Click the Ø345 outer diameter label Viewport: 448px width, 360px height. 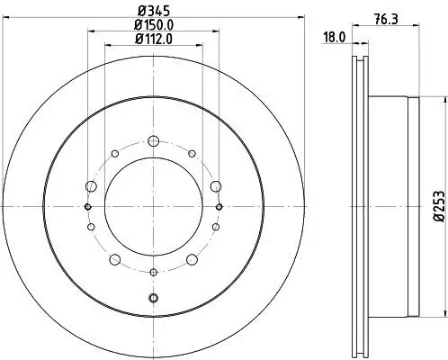click(x=152, y=12)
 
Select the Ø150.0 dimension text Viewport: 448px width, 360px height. click(x=153, y=25)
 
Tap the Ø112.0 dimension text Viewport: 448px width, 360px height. click(x=153, y=39)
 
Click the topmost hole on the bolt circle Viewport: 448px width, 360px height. click(x=153, y=139)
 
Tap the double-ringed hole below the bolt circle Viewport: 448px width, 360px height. click(x=153, y=298)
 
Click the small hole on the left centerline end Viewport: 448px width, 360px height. click(x=87, y=206)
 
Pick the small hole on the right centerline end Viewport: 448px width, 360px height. click(x=219, y=206)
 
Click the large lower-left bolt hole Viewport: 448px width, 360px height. click(x=113, y=260)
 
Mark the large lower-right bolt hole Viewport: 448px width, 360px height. click(x=193, y=260)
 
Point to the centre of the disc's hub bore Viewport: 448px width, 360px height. click(x=153, y=206)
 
